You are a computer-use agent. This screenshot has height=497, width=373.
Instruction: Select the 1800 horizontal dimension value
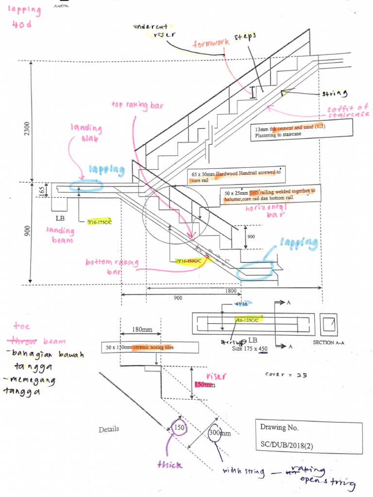231,291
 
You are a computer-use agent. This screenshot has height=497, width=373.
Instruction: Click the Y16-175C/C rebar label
99,222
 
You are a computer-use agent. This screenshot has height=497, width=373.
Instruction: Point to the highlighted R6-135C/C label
248,320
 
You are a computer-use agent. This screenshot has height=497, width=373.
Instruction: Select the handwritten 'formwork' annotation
212,43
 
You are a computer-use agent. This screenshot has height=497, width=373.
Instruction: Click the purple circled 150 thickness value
178,428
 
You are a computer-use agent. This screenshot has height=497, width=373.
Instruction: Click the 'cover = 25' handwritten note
284,374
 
